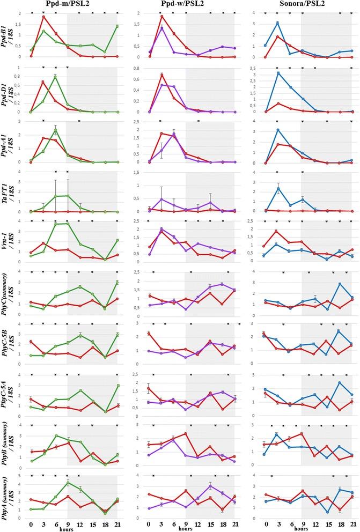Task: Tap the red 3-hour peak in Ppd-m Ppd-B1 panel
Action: pos(43,17)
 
